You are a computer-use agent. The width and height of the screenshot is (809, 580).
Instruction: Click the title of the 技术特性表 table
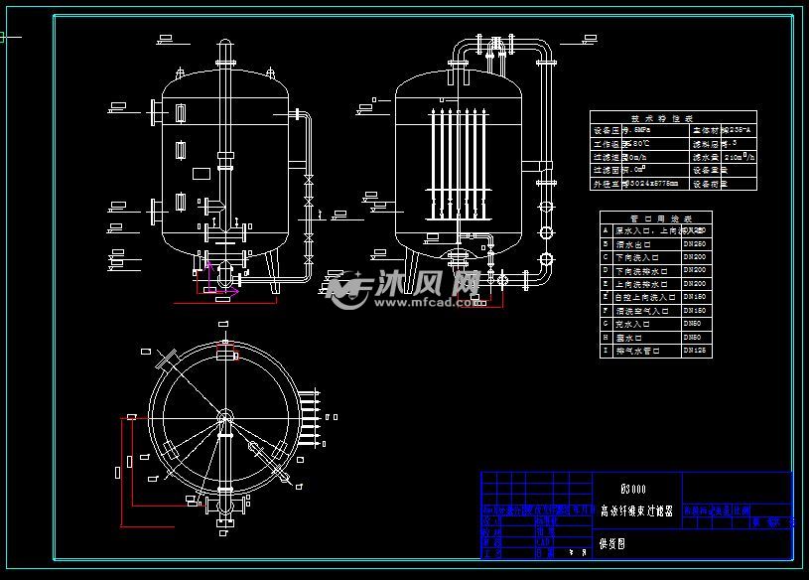pyautogui.click(x=674, y=117)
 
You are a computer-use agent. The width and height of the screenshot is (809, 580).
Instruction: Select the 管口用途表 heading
pyautogui.click(x=656, y=217)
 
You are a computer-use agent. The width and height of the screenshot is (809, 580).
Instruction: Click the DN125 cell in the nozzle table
pyautogui.click(x=695, y=351)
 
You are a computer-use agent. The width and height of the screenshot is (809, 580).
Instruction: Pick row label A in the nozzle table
pyautogui.click(x=607, y=230)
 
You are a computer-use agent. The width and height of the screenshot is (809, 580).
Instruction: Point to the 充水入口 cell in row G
pyautogui.click(x=636, y=324)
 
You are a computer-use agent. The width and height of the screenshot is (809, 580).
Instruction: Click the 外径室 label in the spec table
pyautogui.click(x=607, y=184)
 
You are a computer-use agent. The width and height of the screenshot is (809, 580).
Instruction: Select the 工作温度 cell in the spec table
pyautogui.click(x=607, y=143)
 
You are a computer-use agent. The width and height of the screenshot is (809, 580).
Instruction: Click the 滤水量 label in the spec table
pyautogui.click(x=706, y=157)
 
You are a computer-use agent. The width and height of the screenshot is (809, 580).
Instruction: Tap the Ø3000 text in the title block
pyautogui.click(x=632, y=489)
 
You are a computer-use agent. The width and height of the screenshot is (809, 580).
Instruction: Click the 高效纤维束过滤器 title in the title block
pyautogui.click(x=636, y=511)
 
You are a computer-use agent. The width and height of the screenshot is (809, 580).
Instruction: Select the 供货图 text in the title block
pyautogui.click(x=613, y=544)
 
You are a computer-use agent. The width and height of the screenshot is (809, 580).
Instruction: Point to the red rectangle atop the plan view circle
pyautogui.click(x=227, y=355)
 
